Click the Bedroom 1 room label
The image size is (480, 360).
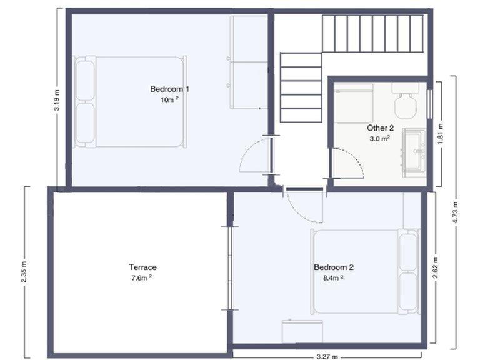pos(169,89)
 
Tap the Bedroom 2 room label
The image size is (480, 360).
pos(334,267)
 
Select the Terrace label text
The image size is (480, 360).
pos(142,267)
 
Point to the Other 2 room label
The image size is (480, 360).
pos(380,128)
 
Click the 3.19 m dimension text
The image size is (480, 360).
pos(57,101)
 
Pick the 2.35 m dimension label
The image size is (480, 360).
pos(24,272)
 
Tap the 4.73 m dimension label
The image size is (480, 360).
pos(455,212)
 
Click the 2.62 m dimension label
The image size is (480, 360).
pos(435,268)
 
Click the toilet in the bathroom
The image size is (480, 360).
pos(405,101)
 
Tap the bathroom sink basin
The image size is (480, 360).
pos(414,150)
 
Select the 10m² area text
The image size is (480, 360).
pos(169,99)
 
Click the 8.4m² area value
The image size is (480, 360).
pos(333,278)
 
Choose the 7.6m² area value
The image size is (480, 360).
pos(142,278)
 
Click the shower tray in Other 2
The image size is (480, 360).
pos(353,103)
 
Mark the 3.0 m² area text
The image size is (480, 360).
pos(379,139)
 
